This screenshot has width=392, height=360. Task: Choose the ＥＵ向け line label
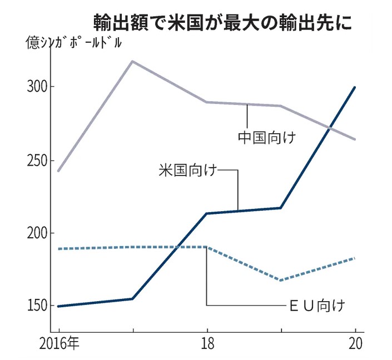click(319, 305)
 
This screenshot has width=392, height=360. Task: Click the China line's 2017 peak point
click(132, 61)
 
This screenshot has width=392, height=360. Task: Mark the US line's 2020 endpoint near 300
click(355, 87)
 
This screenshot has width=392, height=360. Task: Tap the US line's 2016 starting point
click(58, 306)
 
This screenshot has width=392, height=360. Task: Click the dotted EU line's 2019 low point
click(281, 280)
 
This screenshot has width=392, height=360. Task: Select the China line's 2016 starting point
click(58, 171)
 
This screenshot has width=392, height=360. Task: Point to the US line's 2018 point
click(207, 213)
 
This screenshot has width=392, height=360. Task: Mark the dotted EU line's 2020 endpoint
click(355, 258)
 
